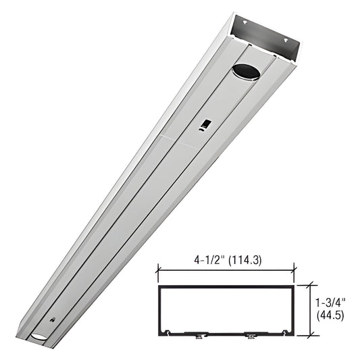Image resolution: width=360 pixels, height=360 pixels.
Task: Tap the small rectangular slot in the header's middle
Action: [205, 124]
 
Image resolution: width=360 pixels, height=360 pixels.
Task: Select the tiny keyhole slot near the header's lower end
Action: [54, 319]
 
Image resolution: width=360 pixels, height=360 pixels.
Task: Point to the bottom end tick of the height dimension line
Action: [310, 334]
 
